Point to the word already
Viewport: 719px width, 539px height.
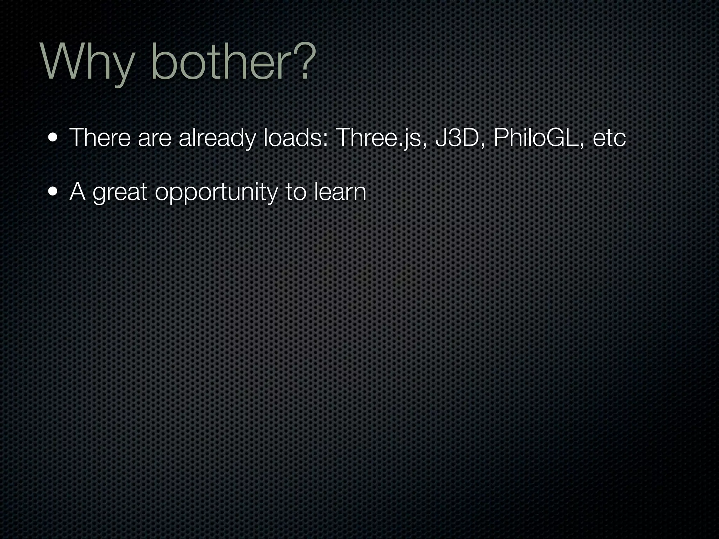click(x=217, y=138)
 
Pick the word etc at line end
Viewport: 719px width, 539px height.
click(x=609, y=138)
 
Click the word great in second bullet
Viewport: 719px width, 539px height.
click(x=120, y=193)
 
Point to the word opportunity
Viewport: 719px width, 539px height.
click(x=216, y=193)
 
